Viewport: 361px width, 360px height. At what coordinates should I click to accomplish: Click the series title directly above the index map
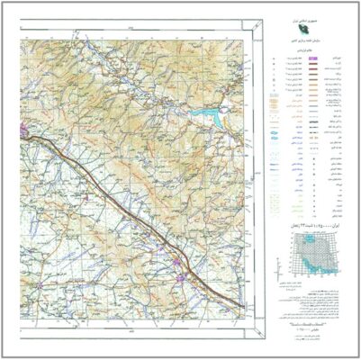[311, 222]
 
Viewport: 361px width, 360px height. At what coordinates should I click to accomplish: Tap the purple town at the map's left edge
[22, 133]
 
